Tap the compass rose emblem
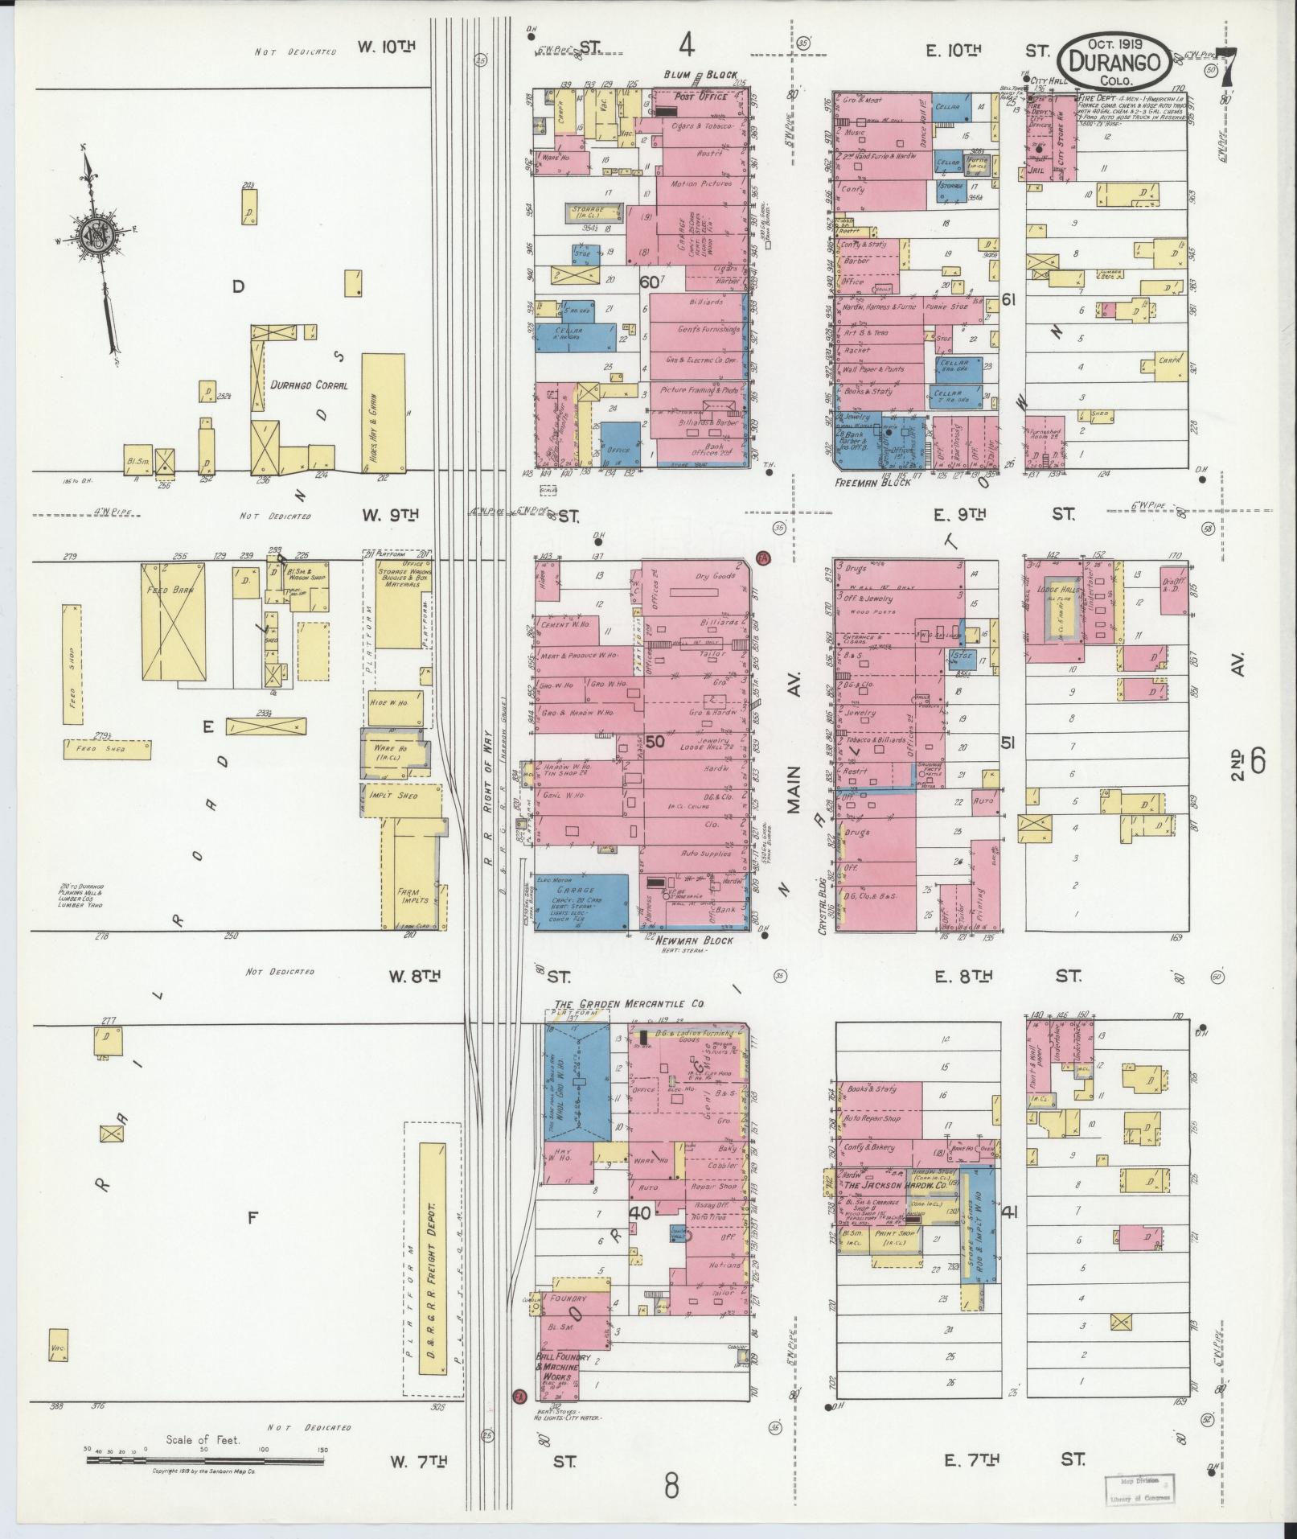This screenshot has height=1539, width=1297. click(96, 234)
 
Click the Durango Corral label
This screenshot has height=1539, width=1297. click(309, 385)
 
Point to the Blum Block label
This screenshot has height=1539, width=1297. click(700, 75)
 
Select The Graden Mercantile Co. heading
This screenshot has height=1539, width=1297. click(630, 1005)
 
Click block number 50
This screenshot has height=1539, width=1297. click(655, 742)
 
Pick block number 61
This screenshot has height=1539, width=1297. click(1010, 300)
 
